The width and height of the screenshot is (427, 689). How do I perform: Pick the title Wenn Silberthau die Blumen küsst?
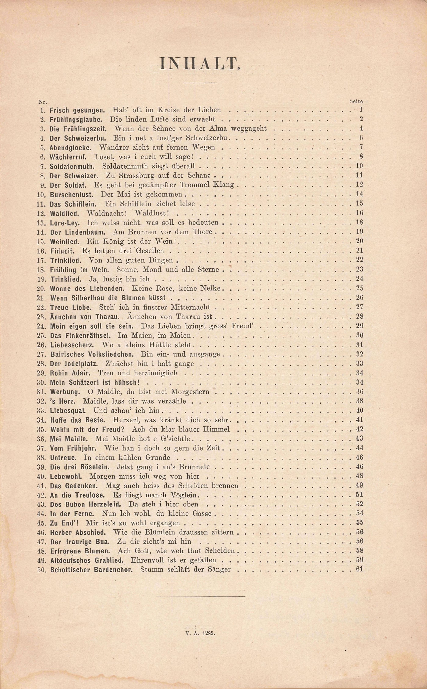[108, 298]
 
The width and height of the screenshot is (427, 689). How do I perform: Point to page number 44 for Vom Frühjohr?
[359, 448]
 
